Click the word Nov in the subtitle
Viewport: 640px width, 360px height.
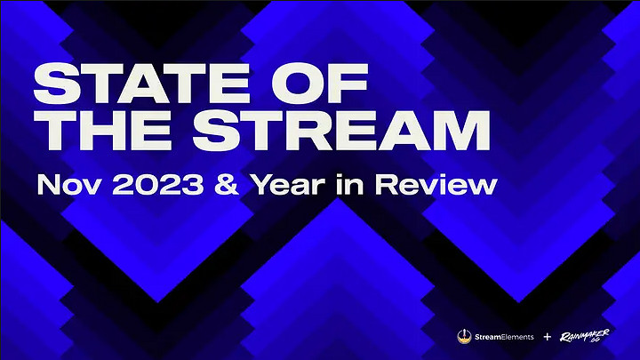63,187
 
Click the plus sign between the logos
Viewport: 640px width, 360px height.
548,336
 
